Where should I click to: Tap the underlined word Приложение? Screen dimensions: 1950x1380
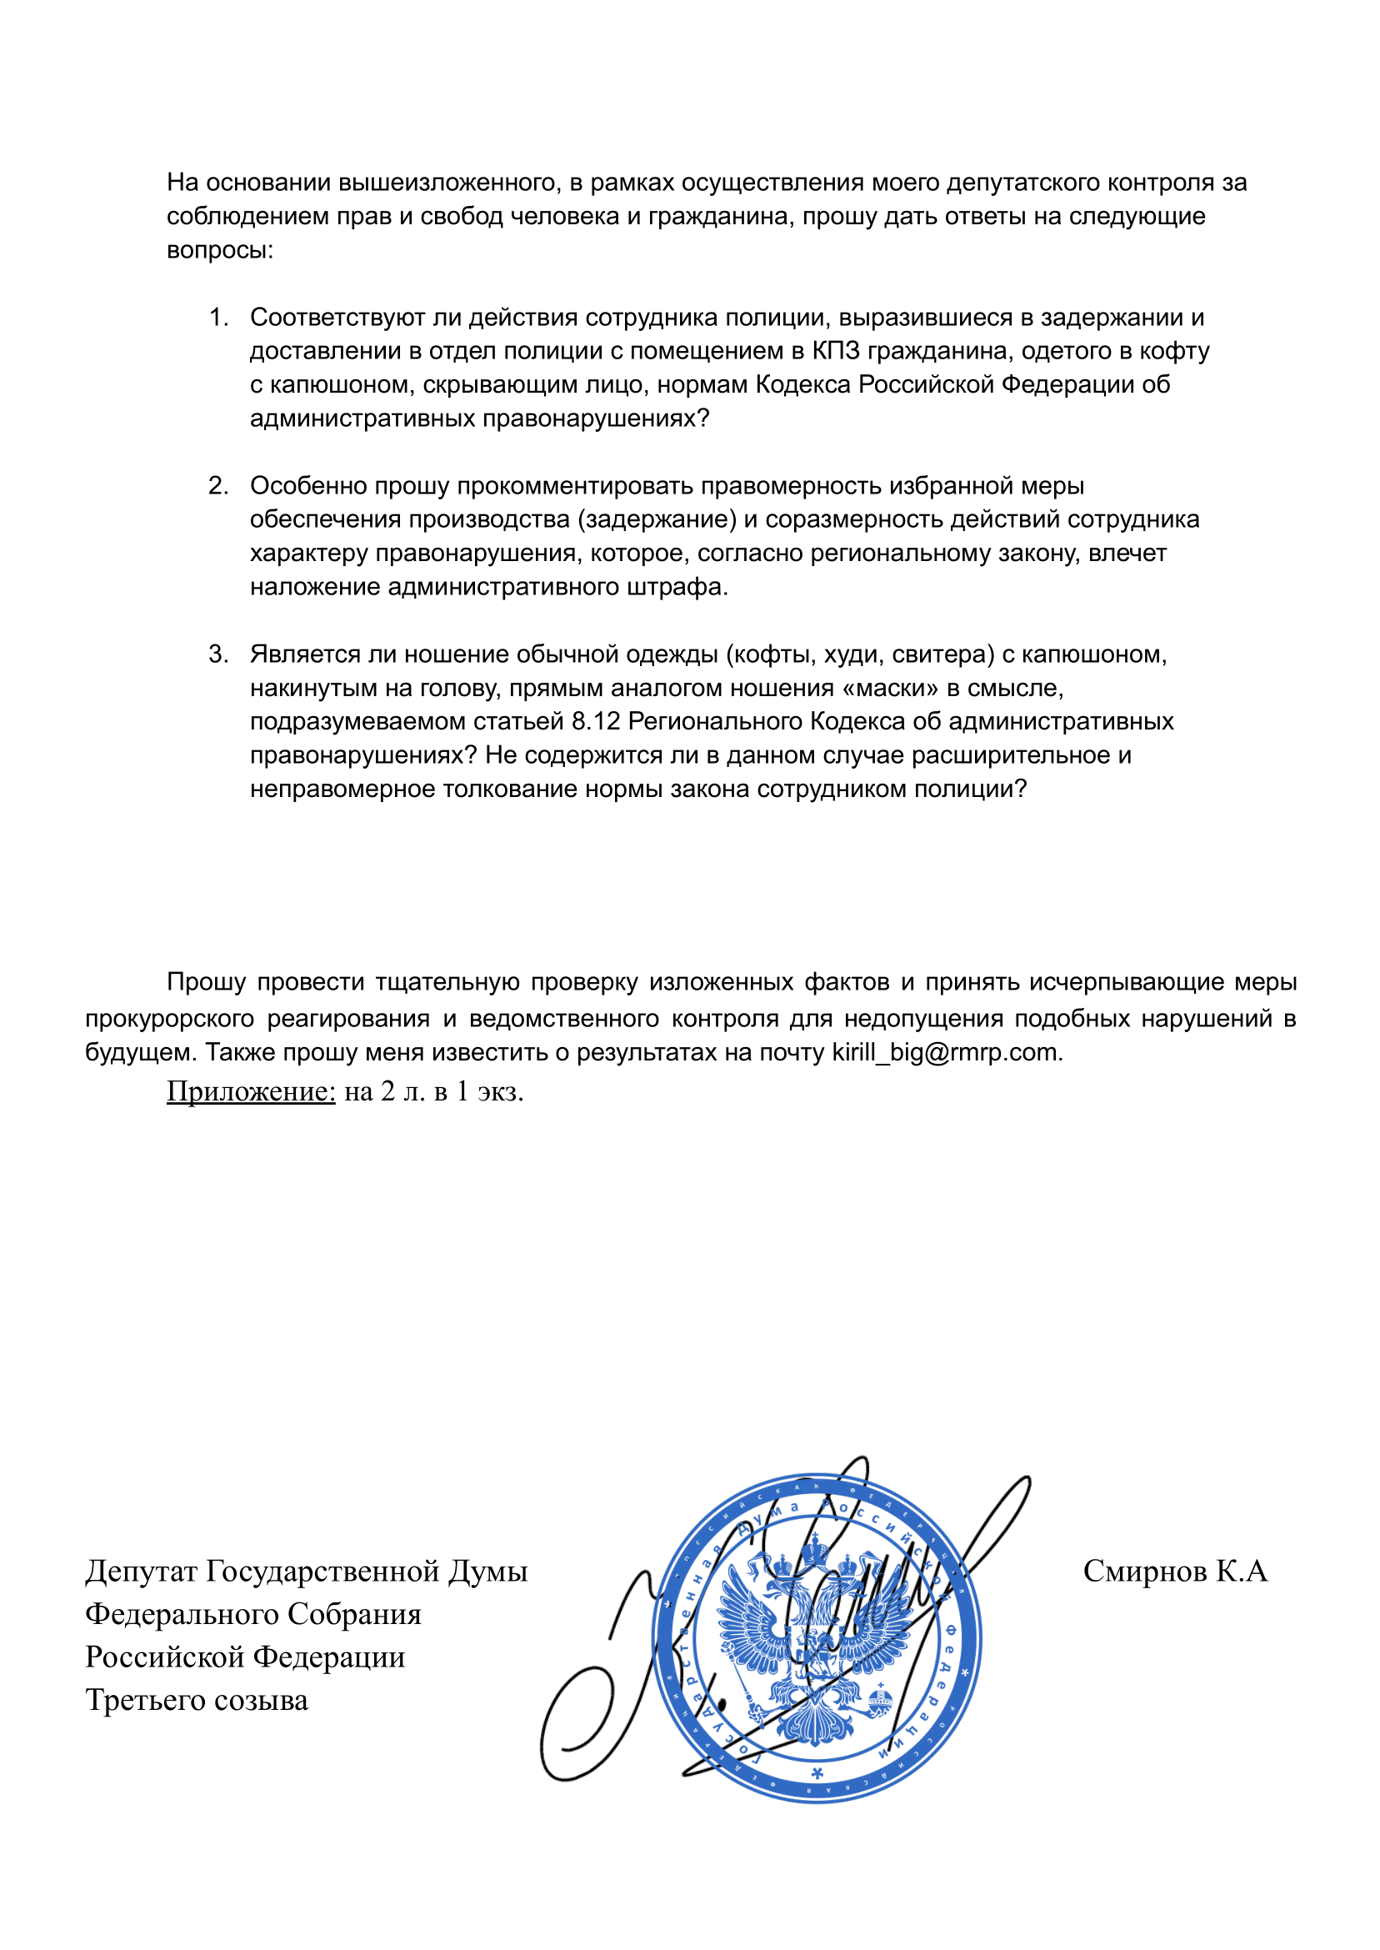tap(251, 1091)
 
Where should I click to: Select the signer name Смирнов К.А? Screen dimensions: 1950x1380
tap(1174, 1572)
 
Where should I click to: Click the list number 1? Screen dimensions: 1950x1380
tap(218, 318)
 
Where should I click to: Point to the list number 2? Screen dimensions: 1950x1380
tap(218, 486)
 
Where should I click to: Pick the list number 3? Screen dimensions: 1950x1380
tap(218, 654)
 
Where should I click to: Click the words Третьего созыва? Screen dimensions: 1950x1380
tap(197, 1700)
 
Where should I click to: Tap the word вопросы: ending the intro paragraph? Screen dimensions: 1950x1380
tap(219, 251)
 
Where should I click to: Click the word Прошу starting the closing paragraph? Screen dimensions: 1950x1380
tap(207, 983)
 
